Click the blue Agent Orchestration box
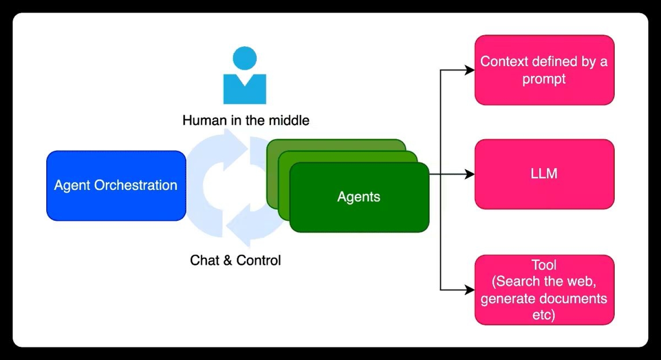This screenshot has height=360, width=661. click(116, 186)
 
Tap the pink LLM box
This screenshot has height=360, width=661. click(544, 174)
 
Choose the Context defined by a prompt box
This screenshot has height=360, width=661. click(544, 70)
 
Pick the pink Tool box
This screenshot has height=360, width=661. click(544, 289)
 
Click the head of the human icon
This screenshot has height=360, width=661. click(245, 58)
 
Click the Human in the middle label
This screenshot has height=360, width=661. click(245, 120)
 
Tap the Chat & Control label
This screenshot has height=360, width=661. click(235, 260)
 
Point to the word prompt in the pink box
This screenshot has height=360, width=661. click(544, 79)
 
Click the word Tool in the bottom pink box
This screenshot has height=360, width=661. click(544, 265)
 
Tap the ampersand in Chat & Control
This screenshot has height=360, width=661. click(227, 260)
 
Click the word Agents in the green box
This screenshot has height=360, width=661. click(359, 197)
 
